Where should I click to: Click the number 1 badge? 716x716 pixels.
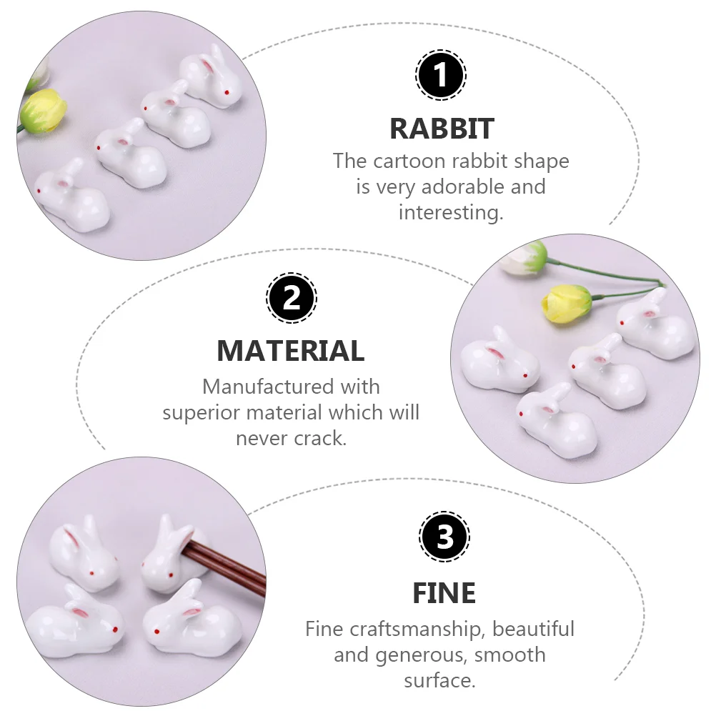point(441,74)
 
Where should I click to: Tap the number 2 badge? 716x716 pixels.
point(292,298)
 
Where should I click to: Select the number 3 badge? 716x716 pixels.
point(444,536)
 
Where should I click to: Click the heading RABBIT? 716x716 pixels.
point(442,129)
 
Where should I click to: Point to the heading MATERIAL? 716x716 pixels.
point(291,351)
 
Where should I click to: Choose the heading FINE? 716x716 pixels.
point(444,593)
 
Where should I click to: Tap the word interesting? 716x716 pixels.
point(451,213)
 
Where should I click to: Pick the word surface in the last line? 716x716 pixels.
point(439,681)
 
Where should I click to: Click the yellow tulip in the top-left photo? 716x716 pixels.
point(44,111)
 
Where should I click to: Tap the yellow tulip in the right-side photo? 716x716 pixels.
point(567,303)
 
